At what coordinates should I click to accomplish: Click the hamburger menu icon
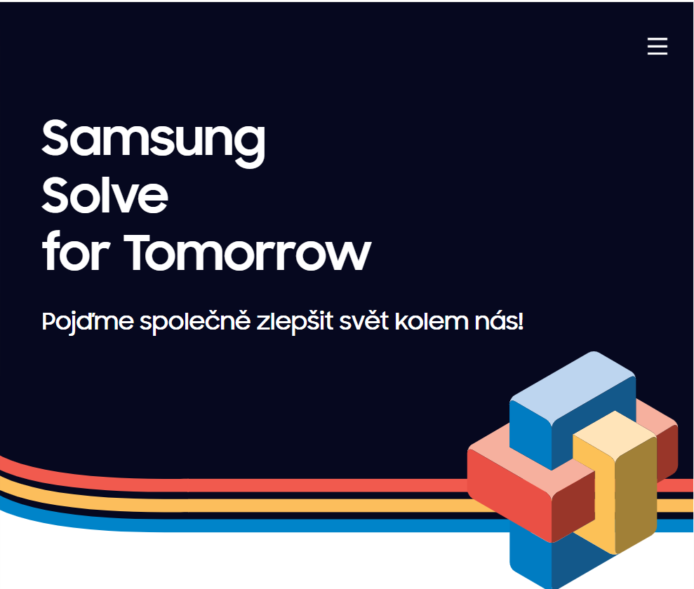[x=658, y=46]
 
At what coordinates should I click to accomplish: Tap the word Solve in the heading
[x=105, y=194]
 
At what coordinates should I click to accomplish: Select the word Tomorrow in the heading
[x=247, y=252]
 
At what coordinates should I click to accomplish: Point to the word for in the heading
[x=75, y=251]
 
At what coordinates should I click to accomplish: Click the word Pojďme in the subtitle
[x=88, y=322]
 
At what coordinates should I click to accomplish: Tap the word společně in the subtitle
[x=195, y=322]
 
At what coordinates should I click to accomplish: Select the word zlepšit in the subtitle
[x=295, y=322]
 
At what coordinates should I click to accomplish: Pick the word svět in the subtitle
[x=363, y=321]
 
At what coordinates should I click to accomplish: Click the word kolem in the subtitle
[x=432, y=321]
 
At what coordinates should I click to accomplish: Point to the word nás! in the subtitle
[x=499, y=321]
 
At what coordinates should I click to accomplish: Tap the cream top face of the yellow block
[x=614, y=433]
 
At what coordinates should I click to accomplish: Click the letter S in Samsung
[x=55, y=137]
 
